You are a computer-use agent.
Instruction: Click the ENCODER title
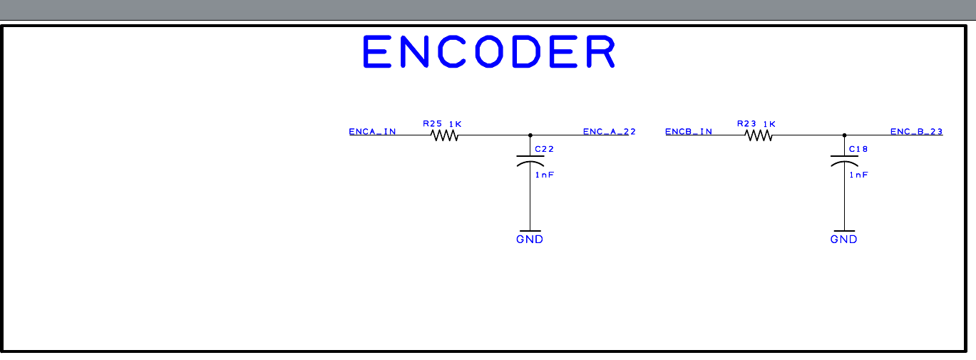pos(488,52)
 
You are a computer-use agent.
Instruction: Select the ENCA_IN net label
pos(372,132)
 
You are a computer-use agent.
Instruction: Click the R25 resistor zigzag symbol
pos(444,135)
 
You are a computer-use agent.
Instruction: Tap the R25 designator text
pos(433,124)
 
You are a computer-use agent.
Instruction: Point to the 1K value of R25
pos(455,124)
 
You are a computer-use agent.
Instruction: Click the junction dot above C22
pos(530,135)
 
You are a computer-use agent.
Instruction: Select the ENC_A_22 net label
pos(609,132)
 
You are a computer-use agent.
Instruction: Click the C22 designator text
pos(544,149)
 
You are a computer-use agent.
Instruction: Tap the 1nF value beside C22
pos(544,175)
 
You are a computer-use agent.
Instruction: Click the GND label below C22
pos(530,240)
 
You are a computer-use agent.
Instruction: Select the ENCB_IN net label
pos(688,132)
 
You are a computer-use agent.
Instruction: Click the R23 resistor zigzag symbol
pos(759,135)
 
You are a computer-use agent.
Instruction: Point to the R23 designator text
pos(746,124)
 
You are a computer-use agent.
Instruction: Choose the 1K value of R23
pos(769,124)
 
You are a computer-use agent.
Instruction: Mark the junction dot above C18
pos(844,135)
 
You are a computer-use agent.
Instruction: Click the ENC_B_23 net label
pos(916,132)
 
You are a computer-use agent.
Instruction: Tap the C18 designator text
pos(858,149)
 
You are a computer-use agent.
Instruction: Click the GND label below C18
pos(844,240)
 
